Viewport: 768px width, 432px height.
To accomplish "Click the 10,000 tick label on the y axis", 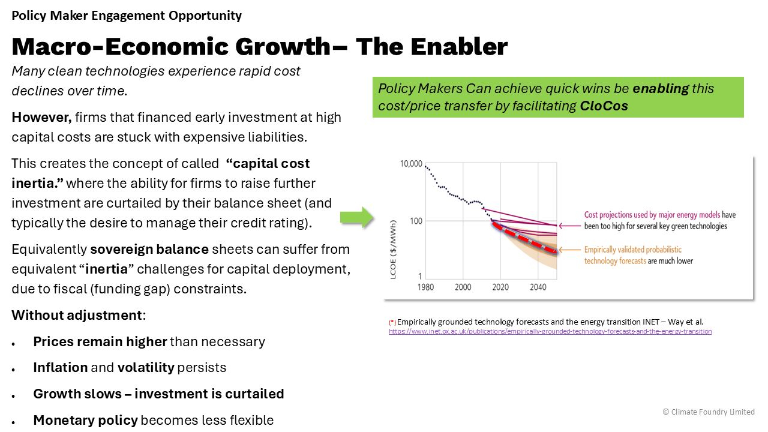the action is point(411,164).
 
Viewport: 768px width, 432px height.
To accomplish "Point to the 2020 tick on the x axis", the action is point(500,287).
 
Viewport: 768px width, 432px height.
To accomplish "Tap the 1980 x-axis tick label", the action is point(425,287).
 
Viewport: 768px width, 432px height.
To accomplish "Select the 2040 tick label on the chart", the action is point(538,287).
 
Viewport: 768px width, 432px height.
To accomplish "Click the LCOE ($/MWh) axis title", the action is point(393,250).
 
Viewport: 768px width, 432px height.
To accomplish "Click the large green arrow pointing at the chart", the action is point(357,217).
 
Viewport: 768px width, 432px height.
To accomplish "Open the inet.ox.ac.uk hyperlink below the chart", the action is point(550,332).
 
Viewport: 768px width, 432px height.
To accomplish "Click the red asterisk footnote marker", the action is point(392,322).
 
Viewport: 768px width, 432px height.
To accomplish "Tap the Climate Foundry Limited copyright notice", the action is point(709,412).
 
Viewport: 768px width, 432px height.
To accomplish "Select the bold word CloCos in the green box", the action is point(604,106).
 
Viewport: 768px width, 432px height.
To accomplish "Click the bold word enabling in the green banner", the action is point(661,89).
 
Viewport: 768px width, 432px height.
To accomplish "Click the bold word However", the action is point(42,118).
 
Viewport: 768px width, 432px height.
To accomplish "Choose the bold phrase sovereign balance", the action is point(149,249).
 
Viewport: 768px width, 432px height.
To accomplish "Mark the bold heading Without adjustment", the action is point(77,315).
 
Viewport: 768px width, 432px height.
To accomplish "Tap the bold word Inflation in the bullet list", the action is point(61,368).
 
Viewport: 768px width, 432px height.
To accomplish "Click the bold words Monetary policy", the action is point(85,421).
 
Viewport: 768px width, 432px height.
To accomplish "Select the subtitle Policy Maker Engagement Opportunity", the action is point(127,16).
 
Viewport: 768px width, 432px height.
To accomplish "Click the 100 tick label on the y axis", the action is point(416,221).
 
